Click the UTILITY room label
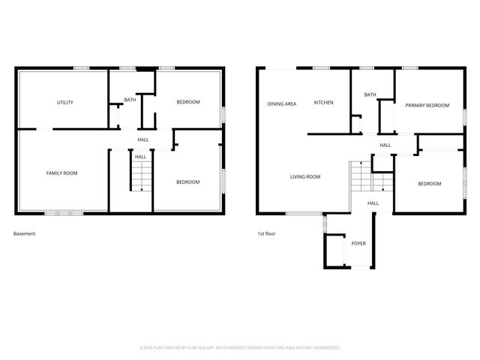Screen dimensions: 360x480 [65, 102]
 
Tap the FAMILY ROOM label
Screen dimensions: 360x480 [61, 173]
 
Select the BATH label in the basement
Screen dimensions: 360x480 [130, 100]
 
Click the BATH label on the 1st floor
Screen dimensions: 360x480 [370, 94]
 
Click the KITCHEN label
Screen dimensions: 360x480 [323, 103]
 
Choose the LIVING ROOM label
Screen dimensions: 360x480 [305, 177]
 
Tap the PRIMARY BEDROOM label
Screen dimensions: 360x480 [427, 106]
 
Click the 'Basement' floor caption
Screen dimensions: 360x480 [25, 233]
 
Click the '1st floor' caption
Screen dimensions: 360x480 [266, 233]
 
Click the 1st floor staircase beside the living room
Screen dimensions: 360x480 [361, 179]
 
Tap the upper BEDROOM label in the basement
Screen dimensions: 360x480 [187, 102]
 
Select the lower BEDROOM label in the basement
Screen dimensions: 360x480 [187, 182]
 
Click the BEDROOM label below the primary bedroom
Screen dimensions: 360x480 [429, 184]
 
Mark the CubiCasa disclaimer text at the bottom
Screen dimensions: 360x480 [240, 348]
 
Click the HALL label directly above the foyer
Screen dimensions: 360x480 [373, 203]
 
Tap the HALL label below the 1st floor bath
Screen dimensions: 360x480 [385, 145]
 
